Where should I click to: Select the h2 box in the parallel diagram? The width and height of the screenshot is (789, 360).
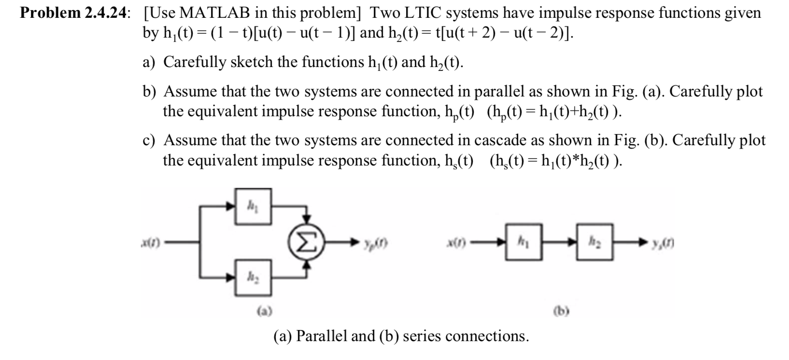252,278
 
